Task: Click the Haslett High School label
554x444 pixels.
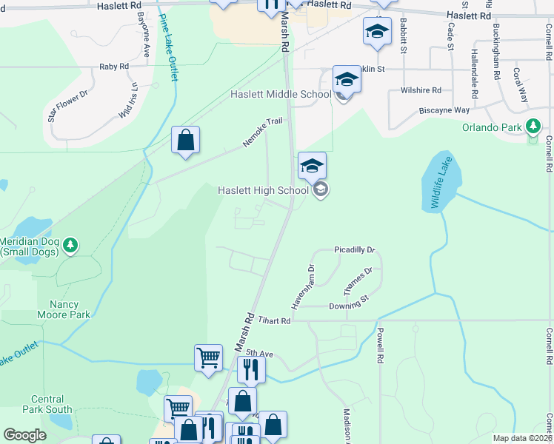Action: pyautogui.click(x=263, y=191)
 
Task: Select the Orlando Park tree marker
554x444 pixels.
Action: pyautogui.click(x=533, y=127)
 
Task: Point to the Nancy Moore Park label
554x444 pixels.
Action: pyautogui.click(x=70, y=309)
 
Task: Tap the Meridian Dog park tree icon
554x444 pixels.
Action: pyautogui.click(x=70, y=244)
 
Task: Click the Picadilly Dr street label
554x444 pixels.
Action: pyautogui.click(x=355, y=251)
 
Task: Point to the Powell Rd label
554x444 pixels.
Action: pyautogui.click(x=380, y=346)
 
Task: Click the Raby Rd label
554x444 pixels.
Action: pyautogui.click(x=114, y=67)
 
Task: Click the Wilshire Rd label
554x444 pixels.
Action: pyautogui.click(x=421, y=90)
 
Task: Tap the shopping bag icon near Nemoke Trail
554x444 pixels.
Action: pyautogui.click(x=185, y=140)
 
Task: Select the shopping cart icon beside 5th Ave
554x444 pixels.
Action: pyautogui.click(x=209, y=357)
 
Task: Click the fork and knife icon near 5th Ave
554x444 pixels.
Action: pyautogui.click(x=252, y=369)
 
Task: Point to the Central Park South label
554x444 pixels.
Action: pyautogui.click(x=47, y=404)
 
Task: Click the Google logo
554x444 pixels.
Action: pyautogui.click(x=24, y=435)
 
